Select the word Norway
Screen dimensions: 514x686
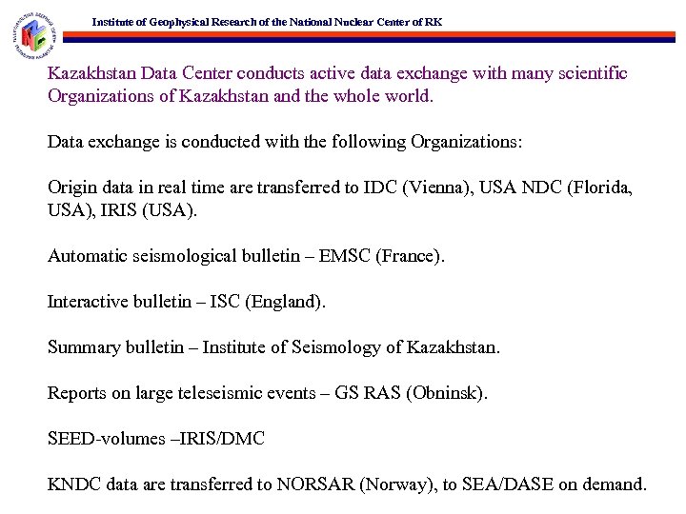click(x=402, y=484)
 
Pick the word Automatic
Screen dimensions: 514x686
click(x=87, y=256)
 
